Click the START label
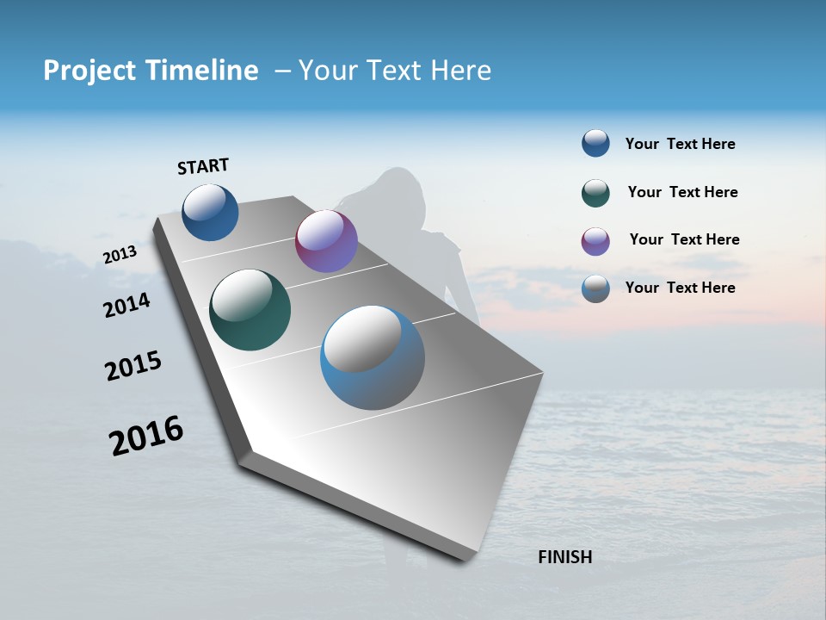(203, 166)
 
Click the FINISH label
(564, 557)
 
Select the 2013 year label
(120, 255)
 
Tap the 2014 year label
(126, 305)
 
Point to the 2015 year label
(133, 366)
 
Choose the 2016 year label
(145, 436)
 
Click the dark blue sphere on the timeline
(210, 212)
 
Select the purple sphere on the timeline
(326, 241)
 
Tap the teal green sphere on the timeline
(250, 310)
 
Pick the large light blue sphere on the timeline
(372, 357)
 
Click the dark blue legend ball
(595, 143)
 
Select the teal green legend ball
(595, 193)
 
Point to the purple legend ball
(595, 241)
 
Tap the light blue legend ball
(595, 288)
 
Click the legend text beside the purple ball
(684, 239)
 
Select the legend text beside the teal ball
(682, 192)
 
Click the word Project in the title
(91, 71)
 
